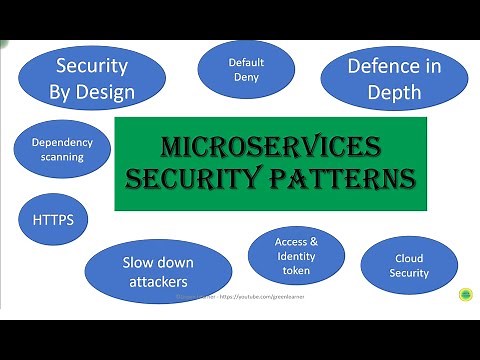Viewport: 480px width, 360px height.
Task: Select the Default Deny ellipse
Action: click(x=245, y=69)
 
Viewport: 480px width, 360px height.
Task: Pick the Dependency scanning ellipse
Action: click(x=62, y=150)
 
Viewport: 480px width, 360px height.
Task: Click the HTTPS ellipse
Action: click(x=53, y=219)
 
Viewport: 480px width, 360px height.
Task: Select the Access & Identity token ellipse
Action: click(x=296, y=256)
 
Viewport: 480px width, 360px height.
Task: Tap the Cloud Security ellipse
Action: click(x=410, y=265)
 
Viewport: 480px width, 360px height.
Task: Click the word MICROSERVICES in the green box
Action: click(x=271, y=149)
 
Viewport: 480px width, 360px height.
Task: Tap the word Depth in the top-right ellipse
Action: click(x=393, y=93)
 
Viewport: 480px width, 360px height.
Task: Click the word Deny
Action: click(x=245, y=77)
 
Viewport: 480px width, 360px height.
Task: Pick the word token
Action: click(x=296, y=270)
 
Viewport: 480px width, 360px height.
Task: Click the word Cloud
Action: click(x=410, y=258)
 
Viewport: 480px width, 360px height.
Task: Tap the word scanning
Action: click(x=62, y=157)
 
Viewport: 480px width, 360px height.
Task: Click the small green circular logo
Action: click(x=466, y=296)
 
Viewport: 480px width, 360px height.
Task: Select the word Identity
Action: click(x=296, y=256)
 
